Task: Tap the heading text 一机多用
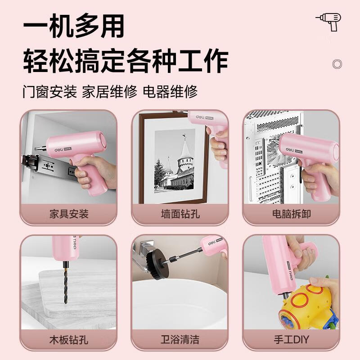coord(74,27)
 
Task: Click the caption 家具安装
coord(69,213)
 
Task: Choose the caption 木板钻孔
coord(69,338)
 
